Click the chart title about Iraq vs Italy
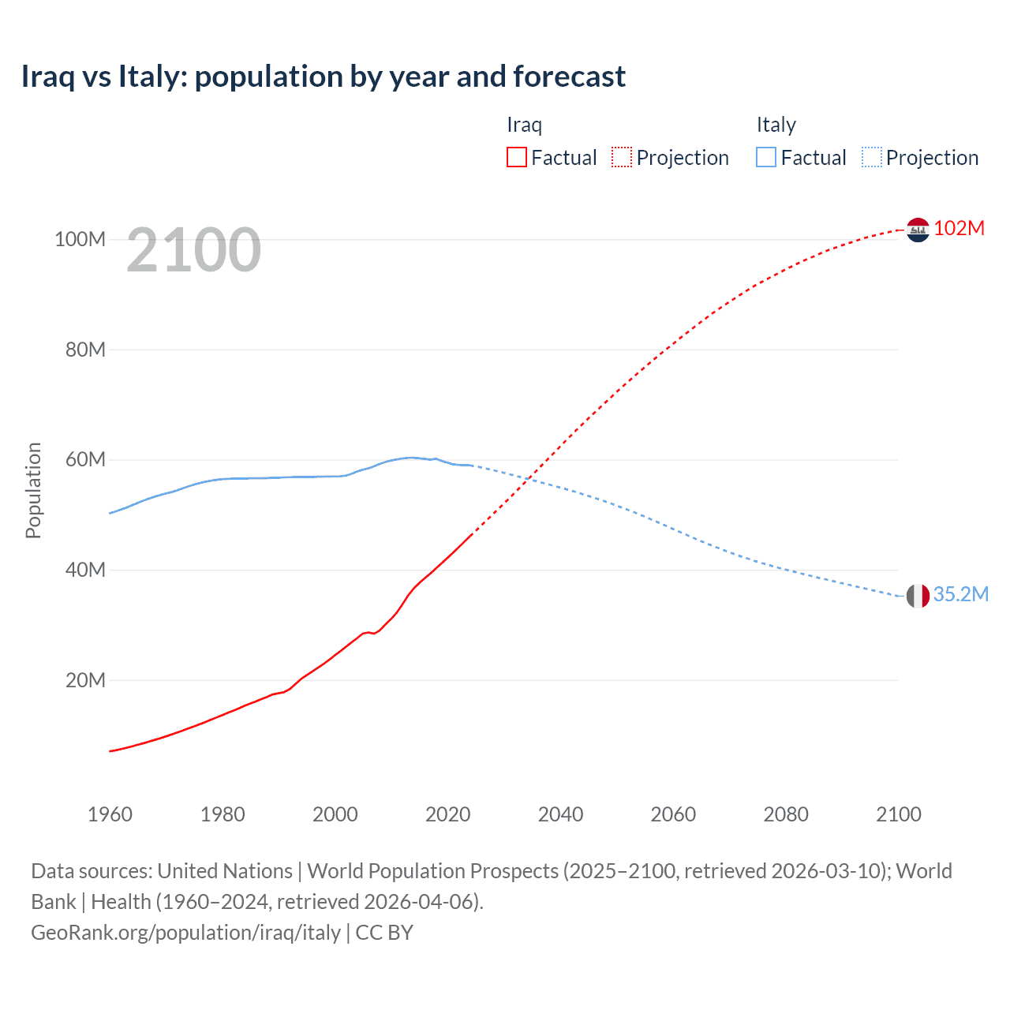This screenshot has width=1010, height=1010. pos(324,77)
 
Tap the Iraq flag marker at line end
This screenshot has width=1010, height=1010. pos(918,230)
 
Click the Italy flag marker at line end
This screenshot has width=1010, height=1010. pos(918,596)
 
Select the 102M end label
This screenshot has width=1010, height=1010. pos(959,228)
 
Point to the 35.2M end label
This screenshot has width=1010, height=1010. pos(960,594)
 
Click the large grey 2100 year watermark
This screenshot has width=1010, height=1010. pos(193,250)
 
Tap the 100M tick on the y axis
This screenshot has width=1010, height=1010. pos(80,239)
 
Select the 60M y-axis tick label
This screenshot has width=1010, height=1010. pos(84,459)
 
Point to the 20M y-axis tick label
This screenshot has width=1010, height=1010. pos(84,680)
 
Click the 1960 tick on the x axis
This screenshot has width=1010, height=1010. pos(110,814)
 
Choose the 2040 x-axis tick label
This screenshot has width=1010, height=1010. pos(560,814)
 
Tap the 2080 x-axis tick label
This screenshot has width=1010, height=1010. pos(786,814)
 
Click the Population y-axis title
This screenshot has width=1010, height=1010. pos(33,490)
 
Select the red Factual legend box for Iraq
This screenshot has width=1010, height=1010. pos(517,158)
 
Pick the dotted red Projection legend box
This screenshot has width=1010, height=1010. pos(622,158)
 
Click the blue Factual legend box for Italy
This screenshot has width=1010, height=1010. pos(766,158)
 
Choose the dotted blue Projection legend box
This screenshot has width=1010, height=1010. pos(871,158)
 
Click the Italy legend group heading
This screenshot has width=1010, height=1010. pos(776,125)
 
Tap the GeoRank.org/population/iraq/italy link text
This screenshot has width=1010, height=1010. pos(185,932)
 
